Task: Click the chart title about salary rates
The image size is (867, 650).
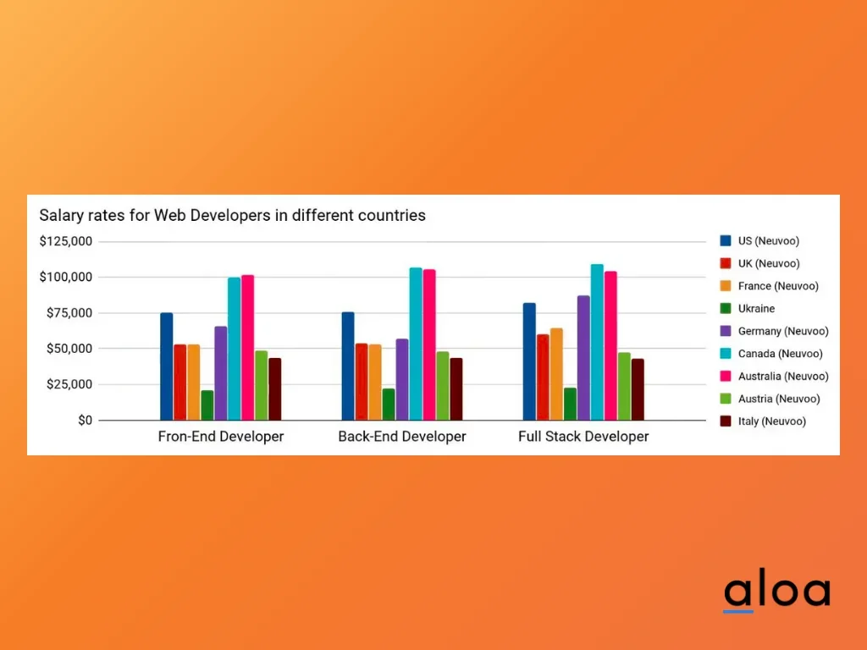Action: pyautogui.click(x=232, y=215)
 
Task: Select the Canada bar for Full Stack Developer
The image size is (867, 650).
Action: pyautogui.click(x=597, y=342)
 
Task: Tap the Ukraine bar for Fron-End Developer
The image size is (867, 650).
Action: pyautogui.click(x=207, y=405)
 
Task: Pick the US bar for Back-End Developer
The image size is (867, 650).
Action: pyautogui.click(x=348, y=366)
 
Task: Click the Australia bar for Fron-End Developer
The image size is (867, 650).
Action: pyautogui.click(x=248, y=347)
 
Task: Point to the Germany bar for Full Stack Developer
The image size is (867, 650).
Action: pyautogui.click(x=583, y=357)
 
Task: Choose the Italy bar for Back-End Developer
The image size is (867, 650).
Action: pyautogui.click(x=456, y=389)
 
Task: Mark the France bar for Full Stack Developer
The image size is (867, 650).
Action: pyautogui.click(x=556, y=373)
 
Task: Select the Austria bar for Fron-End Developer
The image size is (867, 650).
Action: pyautogui.click(x=262, y=385)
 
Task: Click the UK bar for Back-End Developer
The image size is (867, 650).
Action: pyautogui.click(x=362, y=381)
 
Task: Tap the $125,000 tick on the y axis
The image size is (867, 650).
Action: pyautogui.click(x=66, y=241)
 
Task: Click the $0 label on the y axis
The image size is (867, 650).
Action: pyautogui.click(x=84, y=421)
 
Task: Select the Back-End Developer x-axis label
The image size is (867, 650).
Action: pyautogui.click(x=402, y=437)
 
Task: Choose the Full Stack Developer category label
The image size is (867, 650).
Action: pyautogui.click(x=583, y=437)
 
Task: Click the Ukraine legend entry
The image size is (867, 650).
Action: pyautogui.click(x=756, y=309)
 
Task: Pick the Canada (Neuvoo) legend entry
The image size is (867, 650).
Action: pyautogui.click(x=780, y=354)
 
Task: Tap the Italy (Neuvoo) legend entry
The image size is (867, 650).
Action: pyautogui.click(x=771, y=421)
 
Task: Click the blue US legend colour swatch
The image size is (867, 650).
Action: pyautogui.click(x=726, y=241)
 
